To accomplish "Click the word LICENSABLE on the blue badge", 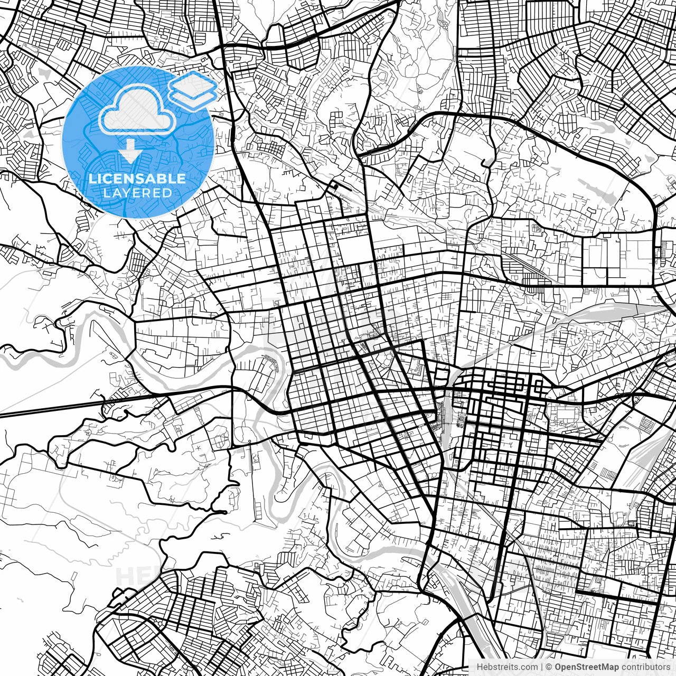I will [137, 179].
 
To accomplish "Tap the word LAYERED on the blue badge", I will [137, 193].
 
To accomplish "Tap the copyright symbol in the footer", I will [549, 666].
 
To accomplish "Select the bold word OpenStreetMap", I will [586, 666].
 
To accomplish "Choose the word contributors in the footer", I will [645, 666].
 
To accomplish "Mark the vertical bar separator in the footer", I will [542, 666].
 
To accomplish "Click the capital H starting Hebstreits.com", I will [479, 666].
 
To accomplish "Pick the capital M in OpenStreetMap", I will [606, 666].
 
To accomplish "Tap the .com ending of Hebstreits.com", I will [529, 666].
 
